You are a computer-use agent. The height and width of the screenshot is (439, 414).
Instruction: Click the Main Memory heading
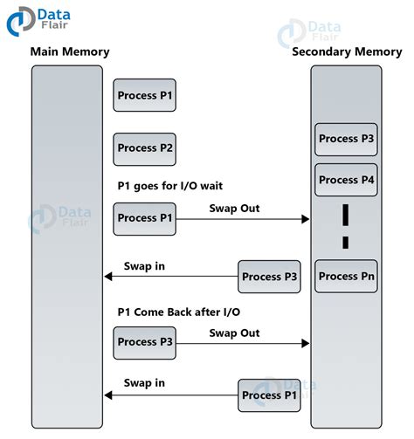(x=70, y=51)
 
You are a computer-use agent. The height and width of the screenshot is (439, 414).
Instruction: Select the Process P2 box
(x=144, y=148)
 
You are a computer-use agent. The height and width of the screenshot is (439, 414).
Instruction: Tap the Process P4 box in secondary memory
(x=346, y=180)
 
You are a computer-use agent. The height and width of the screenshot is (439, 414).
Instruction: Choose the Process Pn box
(x=346, y=277)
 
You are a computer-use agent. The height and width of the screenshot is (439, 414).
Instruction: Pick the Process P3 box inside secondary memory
(x=346, y=139)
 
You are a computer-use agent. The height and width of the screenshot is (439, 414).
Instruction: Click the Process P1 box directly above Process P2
(x=144, y=95)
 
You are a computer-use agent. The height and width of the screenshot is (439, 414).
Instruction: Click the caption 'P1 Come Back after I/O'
(x=178, y=312)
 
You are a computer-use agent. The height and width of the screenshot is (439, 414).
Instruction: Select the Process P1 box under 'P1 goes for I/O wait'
(x=144, y=218)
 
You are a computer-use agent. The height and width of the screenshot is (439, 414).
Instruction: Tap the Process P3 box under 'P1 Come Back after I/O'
(x=144, y=342)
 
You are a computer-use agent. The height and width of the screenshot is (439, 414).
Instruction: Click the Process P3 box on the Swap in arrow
(x=270, y=277)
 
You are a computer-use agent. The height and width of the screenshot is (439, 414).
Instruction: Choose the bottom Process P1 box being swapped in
(x=270, y=395)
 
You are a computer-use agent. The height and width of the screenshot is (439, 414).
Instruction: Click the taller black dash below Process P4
(x=345, y=213)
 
